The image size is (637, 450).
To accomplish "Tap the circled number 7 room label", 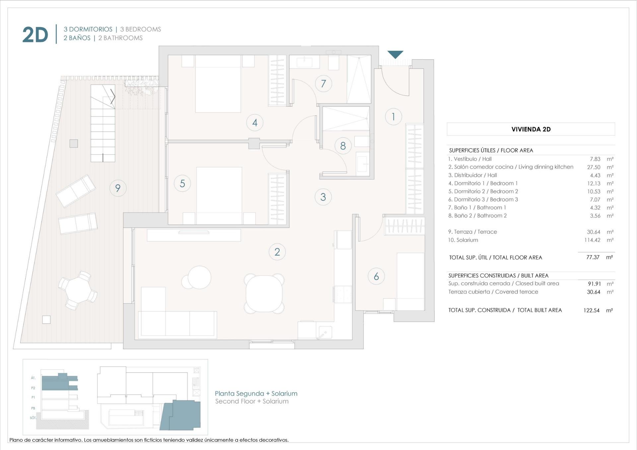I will coord(323,84).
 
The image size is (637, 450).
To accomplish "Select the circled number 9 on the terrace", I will coord(118,188).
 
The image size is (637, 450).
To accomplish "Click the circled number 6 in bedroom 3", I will coord(376,276).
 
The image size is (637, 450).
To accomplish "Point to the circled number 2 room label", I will coord(277,252).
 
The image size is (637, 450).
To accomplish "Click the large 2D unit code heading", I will coord(35,35).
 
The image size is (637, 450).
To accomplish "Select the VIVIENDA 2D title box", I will coord(531,129).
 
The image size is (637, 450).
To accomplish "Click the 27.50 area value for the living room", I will coord(594,167).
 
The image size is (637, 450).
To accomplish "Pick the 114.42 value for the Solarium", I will coord(592,240).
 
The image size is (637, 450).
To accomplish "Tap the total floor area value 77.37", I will coord(593,257).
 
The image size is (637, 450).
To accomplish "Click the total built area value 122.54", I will coord(591,310).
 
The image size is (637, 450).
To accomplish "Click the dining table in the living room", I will coord(264,293).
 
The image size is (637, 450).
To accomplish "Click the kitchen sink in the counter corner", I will coord(325,332).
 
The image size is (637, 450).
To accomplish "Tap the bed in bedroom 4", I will coord(218,84).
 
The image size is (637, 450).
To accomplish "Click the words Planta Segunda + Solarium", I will coord(256,394).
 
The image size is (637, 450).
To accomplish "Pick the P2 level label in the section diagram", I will coord(33,388).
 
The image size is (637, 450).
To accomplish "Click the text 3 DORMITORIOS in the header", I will coord(88,30).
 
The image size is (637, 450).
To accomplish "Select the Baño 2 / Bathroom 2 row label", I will coord(477,216).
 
